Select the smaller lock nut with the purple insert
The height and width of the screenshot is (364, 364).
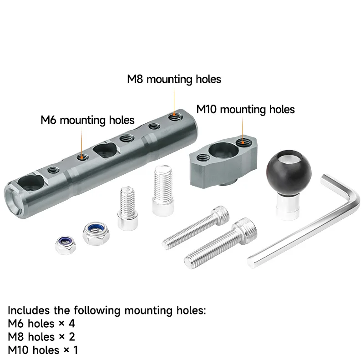click(x=66, y=245)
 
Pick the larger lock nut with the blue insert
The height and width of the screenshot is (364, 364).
click(x=96, y=233)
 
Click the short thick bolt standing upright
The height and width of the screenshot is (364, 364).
click(x=163, y=190)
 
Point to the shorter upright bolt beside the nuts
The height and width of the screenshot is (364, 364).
click(x=127, y=208)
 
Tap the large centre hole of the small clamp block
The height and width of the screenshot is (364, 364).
click(x=223, y=150)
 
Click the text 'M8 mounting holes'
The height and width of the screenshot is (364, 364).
click(x=174, y=79)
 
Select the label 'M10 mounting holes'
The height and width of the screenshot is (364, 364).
click(x=245, y=109)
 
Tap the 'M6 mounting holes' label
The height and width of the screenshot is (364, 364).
click(x=87, y=120)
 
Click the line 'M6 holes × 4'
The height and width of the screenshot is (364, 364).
click(x=41, y=324)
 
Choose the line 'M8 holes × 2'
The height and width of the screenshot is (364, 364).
click(x=41, y=337)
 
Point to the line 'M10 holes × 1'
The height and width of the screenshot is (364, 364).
click(x=43, y=350)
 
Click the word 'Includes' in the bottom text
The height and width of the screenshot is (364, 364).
click(x=29, y=310)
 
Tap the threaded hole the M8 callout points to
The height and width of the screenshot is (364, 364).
click(x=174, y=116)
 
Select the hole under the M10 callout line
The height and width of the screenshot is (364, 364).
click(x=243, y=142)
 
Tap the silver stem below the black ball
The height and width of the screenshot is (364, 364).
click(x=288, y=207)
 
